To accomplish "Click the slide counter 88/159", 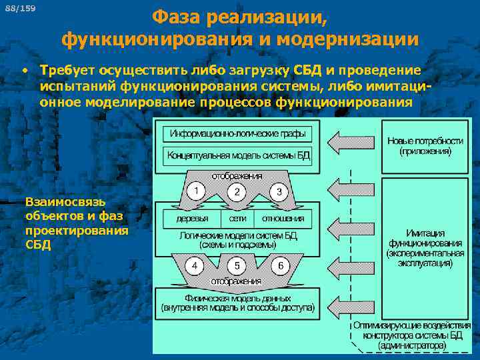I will (x=25, y=8).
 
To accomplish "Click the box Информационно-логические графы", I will (x=237, y=133).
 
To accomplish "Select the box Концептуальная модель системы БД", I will (x=237, y=156).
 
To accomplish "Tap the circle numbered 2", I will (x=237, y=191).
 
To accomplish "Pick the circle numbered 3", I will (x=279, y=191).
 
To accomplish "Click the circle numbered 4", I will (x=194, y=265).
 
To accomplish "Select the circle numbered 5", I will (x=237, y=265).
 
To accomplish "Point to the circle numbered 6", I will (x=280, y=265).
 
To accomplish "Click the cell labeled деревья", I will (x=192, y=218).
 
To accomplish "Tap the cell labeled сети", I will (x=237, y=218).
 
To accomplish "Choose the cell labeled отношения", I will (x=283, y=218).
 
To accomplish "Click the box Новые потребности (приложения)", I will (x=425, y=147).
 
